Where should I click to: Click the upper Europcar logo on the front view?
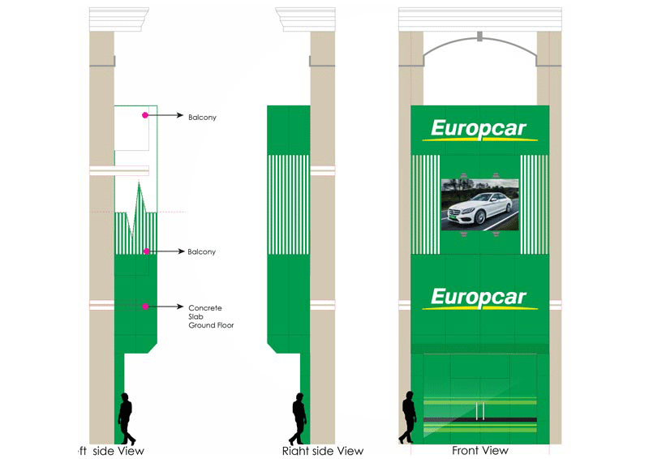click(479, 129)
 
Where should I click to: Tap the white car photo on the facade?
click(479, 204)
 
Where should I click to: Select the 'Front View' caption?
click(480, 450)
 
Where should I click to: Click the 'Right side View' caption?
click(323, 450)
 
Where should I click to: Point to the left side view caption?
click(109, 450)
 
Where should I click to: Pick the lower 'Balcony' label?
click(202, 252)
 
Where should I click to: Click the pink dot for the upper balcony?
click(145, 116)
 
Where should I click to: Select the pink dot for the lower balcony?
click(146, 251)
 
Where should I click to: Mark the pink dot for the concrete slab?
click(146, 306)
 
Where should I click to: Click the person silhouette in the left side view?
click(126, 418)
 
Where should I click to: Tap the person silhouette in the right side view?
click(299, 418)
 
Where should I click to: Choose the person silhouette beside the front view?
click(407, 418)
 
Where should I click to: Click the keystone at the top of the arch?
click(479, 36)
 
